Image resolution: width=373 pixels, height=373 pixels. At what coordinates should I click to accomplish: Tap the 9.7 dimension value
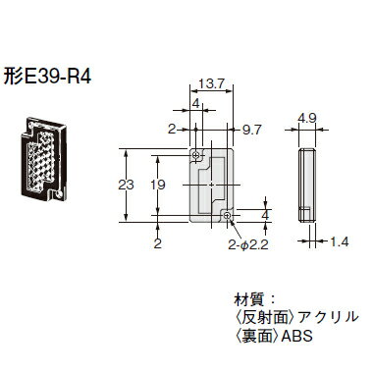(252, 129)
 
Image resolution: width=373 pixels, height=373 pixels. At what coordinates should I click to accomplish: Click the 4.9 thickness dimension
(306, 119)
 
